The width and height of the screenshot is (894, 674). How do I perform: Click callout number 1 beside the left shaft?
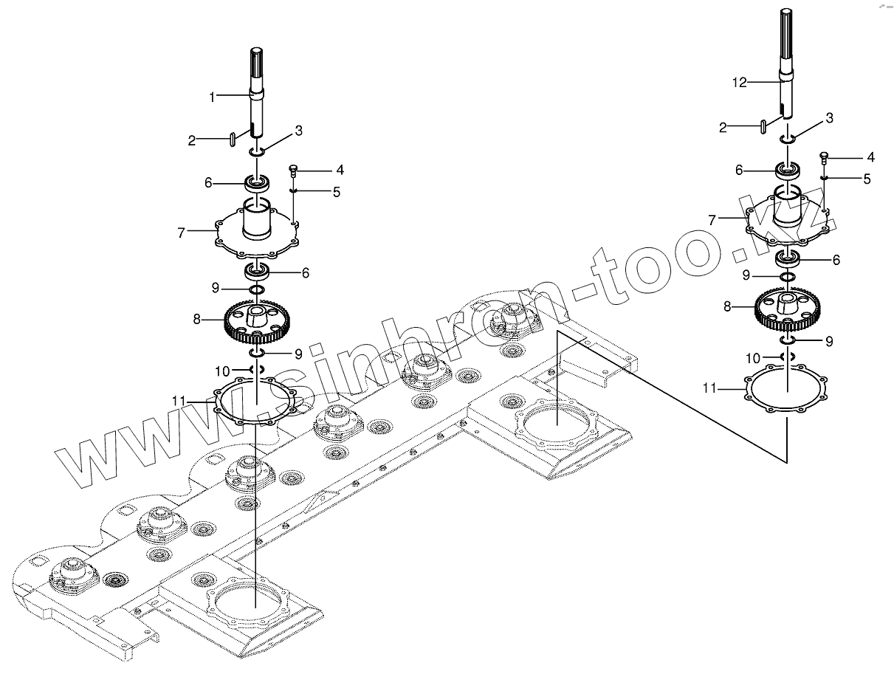212,97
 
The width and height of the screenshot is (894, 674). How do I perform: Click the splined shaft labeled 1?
257,89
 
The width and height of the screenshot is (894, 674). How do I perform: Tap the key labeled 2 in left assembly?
233,138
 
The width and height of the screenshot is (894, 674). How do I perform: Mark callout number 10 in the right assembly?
752,357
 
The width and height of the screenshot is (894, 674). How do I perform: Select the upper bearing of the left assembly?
258,182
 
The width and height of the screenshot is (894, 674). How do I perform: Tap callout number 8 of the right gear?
728,306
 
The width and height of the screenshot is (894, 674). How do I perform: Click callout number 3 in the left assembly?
298,131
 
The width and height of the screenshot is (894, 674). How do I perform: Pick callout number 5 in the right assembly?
867,179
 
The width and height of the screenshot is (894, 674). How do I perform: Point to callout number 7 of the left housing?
181,233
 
